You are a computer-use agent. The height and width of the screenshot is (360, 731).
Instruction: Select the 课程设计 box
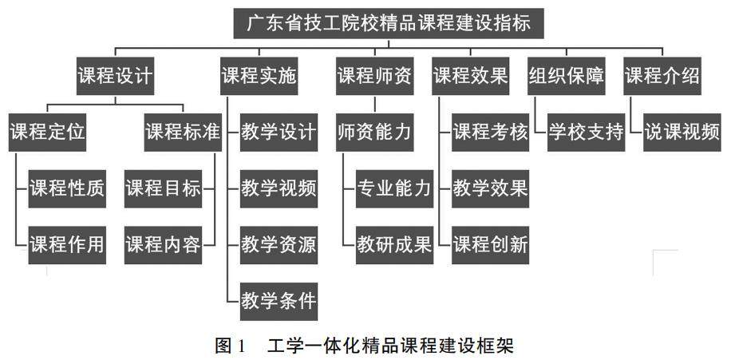(115, 76)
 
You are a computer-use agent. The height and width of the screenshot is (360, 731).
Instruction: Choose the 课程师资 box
(374, 76)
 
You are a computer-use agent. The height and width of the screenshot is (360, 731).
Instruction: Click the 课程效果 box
(471, 76)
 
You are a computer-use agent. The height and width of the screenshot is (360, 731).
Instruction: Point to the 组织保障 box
(566, 76)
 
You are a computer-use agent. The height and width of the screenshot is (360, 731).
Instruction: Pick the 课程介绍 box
(662, 76)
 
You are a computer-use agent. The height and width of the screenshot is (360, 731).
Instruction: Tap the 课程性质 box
(67, 188)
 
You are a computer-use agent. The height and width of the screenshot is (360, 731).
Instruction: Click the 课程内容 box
(163, 244)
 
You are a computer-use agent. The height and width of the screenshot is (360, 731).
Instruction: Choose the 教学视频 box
(279, 188)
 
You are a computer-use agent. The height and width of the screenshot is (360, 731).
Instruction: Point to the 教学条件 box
(279, 301)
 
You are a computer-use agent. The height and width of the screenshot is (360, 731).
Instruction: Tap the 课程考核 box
(491, 133)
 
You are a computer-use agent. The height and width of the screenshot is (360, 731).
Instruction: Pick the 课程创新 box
(491, 244)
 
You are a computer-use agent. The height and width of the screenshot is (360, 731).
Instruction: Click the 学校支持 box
(586, 133)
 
